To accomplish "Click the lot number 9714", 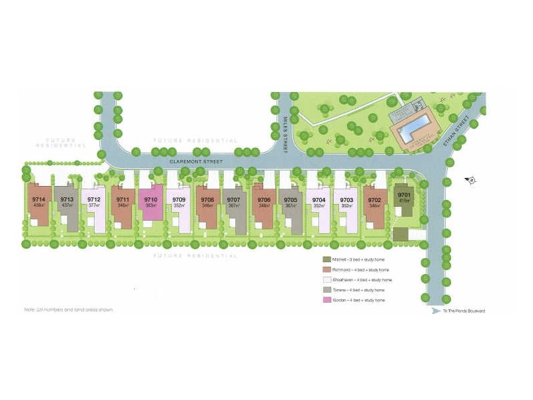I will (x=39, y=199).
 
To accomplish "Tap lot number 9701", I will (x=404, y=195).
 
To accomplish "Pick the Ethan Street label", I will (x=460, y=134).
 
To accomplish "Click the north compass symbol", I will (x=470, y=179).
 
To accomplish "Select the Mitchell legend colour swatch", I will (x=326, y=259).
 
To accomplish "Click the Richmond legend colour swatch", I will (x=326, y=269).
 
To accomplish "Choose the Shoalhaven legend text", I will (x=360, y=280).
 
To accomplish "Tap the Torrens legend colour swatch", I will (x=326, y=291).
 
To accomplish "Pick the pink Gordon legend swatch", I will (x=326, y=301).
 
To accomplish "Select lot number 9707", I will (x=233, y=199).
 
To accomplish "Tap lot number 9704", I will (x=319, y=199).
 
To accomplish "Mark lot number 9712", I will (x=94, y=199).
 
